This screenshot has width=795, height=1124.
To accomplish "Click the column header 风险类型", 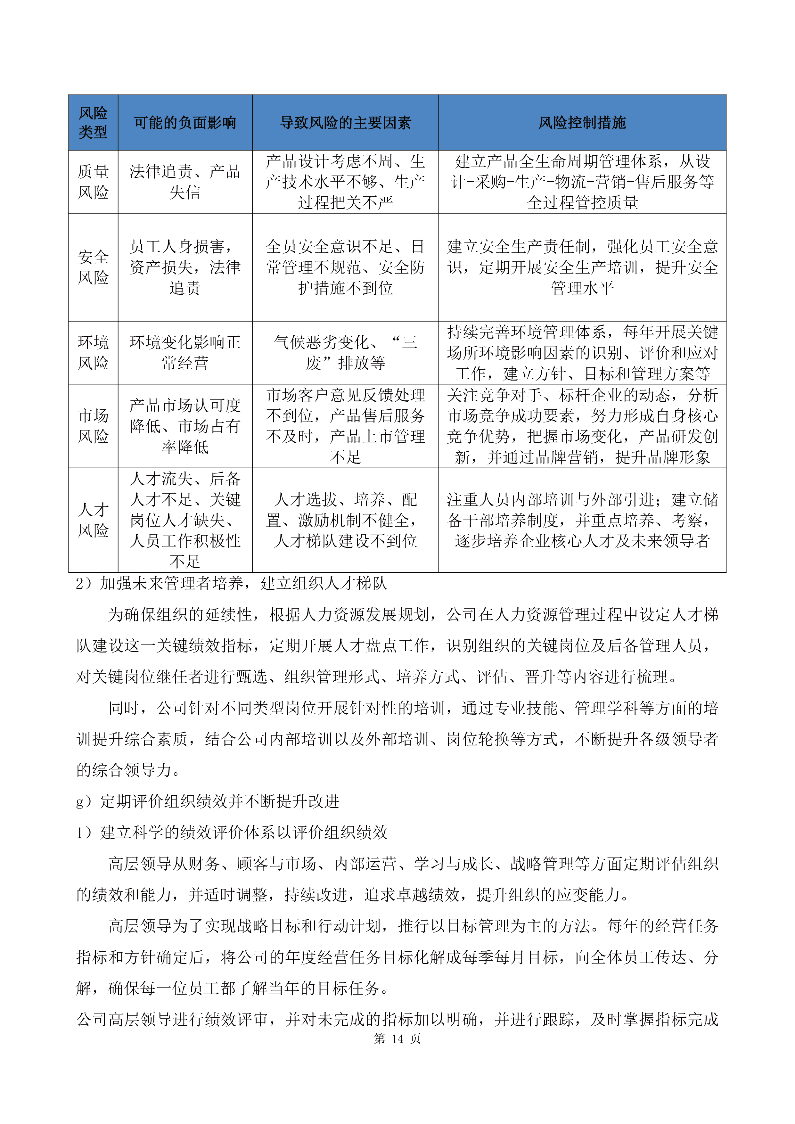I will (x=93, y=122).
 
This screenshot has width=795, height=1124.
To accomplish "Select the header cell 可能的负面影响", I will (x=185, y=122).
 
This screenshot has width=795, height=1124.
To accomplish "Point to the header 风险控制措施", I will (x=582, y=122).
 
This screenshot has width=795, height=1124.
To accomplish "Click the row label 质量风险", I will (x=93, y=182).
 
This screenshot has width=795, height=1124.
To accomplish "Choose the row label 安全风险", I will (x=93, y=267).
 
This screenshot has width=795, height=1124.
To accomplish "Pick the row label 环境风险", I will (x=93, y=352).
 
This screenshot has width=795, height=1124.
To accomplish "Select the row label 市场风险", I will (x=93, y=426).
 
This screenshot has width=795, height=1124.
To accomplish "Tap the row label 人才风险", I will (x=93, y=520).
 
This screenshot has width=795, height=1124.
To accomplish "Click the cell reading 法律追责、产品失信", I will (x=185, y=182).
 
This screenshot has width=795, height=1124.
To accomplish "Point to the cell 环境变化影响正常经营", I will (x=185, y=352).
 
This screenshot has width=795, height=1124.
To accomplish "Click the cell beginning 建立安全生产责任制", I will (x=582, y=267).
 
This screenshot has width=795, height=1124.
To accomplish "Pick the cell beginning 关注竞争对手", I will (x=582, y=426).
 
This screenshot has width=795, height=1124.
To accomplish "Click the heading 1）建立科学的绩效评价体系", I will (x=232, y=832).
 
